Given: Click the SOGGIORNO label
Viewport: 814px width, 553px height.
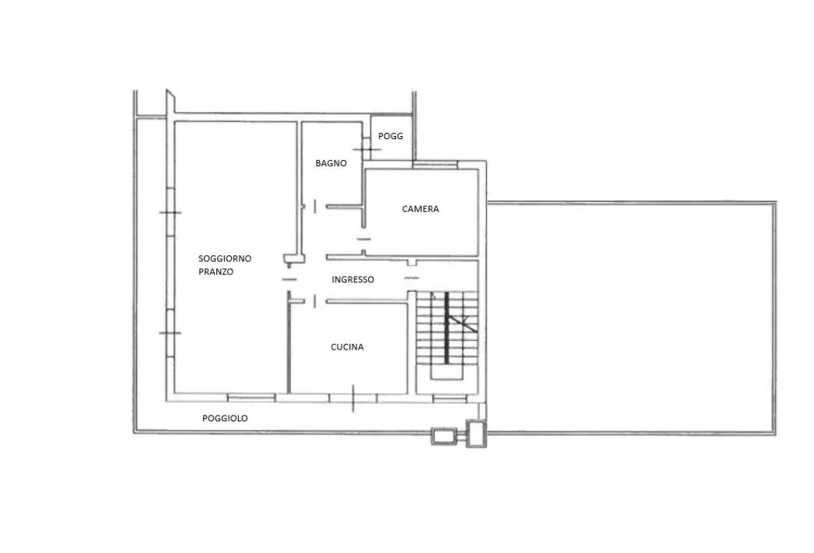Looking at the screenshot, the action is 225,258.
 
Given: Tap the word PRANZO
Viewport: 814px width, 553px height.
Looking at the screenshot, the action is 216,272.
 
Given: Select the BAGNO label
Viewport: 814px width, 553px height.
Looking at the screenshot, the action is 331,163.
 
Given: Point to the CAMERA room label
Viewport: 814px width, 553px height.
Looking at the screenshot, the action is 420,209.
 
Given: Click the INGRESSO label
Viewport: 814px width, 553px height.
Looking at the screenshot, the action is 353,279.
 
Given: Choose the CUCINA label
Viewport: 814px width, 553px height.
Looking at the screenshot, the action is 347,347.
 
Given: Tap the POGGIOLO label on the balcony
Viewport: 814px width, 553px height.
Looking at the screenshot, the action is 225,418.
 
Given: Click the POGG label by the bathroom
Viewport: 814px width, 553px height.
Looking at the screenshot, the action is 390,136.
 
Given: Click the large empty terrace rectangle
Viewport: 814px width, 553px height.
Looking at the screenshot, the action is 631,317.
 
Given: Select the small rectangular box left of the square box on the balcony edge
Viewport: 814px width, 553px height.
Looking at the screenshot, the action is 444,436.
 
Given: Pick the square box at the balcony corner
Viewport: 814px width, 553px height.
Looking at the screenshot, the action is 476,434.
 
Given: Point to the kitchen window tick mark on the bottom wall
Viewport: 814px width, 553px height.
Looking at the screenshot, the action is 353,399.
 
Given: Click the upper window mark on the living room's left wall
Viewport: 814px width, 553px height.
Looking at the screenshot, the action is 170,213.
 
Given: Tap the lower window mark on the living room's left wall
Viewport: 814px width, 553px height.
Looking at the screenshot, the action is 170,333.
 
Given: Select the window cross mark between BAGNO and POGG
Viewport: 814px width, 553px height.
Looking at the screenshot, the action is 367,149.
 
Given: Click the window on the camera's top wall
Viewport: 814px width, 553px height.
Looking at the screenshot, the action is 435,165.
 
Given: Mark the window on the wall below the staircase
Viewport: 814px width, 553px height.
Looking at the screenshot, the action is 450,398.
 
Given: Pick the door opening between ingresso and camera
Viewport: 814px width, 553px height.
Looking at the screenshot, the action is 365,239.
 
